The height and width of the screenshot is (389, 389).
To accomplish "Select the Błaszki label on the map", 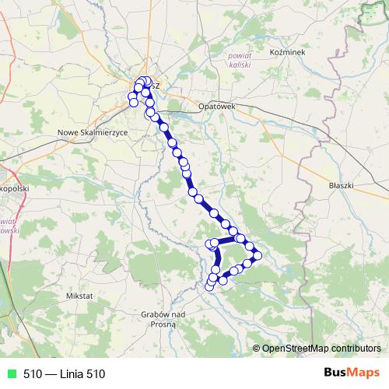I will pos(342,186).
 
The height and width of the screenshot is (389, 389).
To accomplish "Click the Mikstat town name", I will pos(79,296).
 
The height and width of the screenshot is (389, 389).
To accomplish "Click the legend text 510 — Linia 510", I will pos(63,374).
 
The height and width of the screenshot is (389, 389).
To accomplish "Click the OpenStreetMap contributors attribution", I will pos(321,349).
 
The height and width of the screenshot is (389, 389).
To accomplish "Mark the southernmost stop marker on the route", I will pos(209,287).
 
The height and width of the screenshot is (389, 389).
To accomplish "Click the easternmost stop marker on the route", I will pos(258,255).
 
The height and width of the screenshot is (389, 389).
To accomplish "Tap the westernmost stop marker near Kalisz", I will pos(132,96).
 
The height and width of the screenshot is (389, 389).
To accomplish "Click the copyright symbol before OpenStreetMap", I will pos(256,349).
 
